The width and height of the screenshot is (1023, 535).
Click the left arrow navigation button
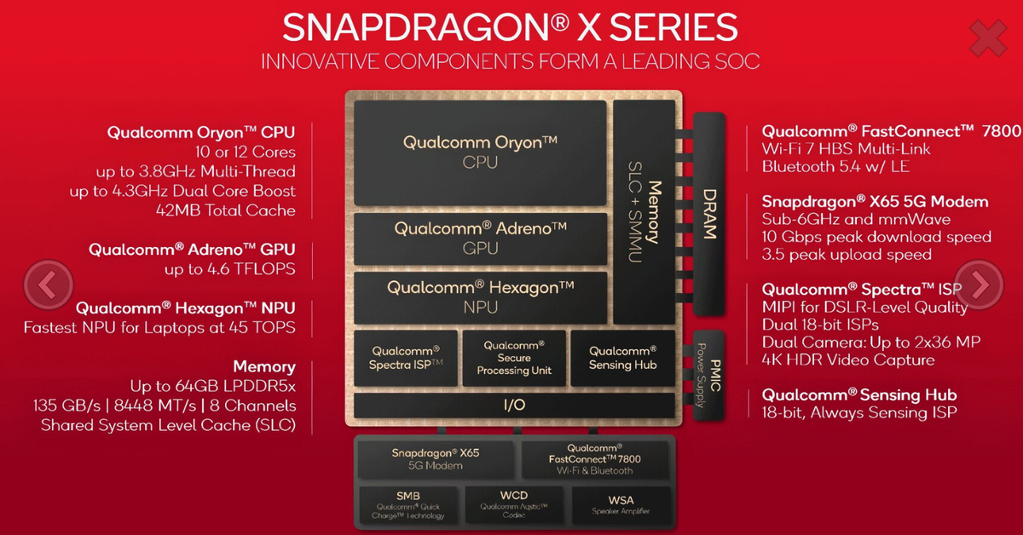(x=49, y=284)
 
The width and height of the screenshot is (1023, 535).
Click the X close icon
(x=988, y=39)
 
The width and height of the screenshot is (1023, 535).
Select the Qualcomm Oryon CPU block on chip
(x=480, y=152)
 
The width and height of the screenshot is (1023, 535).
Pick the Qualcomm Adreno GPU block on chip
(x=480, y=238)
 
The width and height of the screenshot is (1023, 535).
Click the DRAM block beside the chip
(x=708, y=213)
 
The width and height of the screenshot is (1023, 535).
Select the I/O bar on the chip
(x=514, y=406)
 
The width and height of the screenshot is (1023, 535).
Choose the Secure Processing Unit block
(x=514, y=358)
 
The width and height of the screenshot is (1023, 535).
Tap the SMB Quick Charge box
(x=407, y=503)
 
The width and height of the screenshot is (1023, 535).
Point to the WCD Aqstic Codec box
(x=513, y=503)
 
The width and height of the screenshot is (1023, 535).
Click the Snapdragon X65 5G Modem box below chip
(x=436, y=459)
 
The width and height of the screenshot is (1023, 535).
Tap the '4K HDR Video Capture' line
(x=848, y=360)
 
